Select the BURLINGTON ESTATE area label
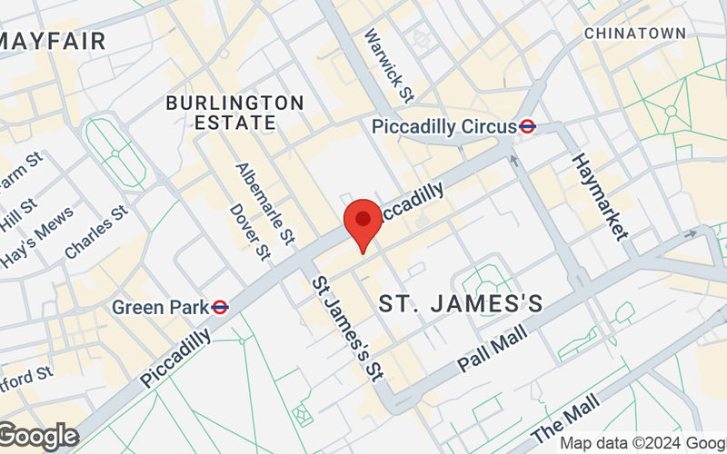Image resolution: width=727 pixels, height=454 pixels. pos(234,112)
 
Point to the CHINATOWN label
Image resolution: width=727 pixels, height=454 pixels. pos(634,33)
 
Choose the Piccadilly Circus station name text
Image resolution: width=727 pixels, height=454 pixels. pos(443,127)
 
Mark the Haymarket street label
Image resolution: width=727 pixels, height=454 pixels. pos(600,195)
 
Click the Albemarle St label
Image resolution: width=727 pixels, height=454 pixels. pos(264,205)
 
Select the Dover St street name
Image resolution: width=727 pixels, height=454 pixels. pos(251,227)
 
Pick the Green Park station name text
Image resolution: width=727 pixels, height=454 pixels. pos(161,308)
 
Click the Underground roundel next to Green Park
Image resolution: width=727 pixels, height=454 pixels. pos(220,308)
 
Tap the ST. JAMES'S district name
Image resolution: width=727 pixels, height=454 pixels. pos(461,303)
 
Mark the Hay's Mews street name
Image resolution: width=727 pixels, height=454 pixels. pos(37,243)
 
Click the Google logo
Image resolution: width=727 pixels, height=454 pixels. pos(38,436)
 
